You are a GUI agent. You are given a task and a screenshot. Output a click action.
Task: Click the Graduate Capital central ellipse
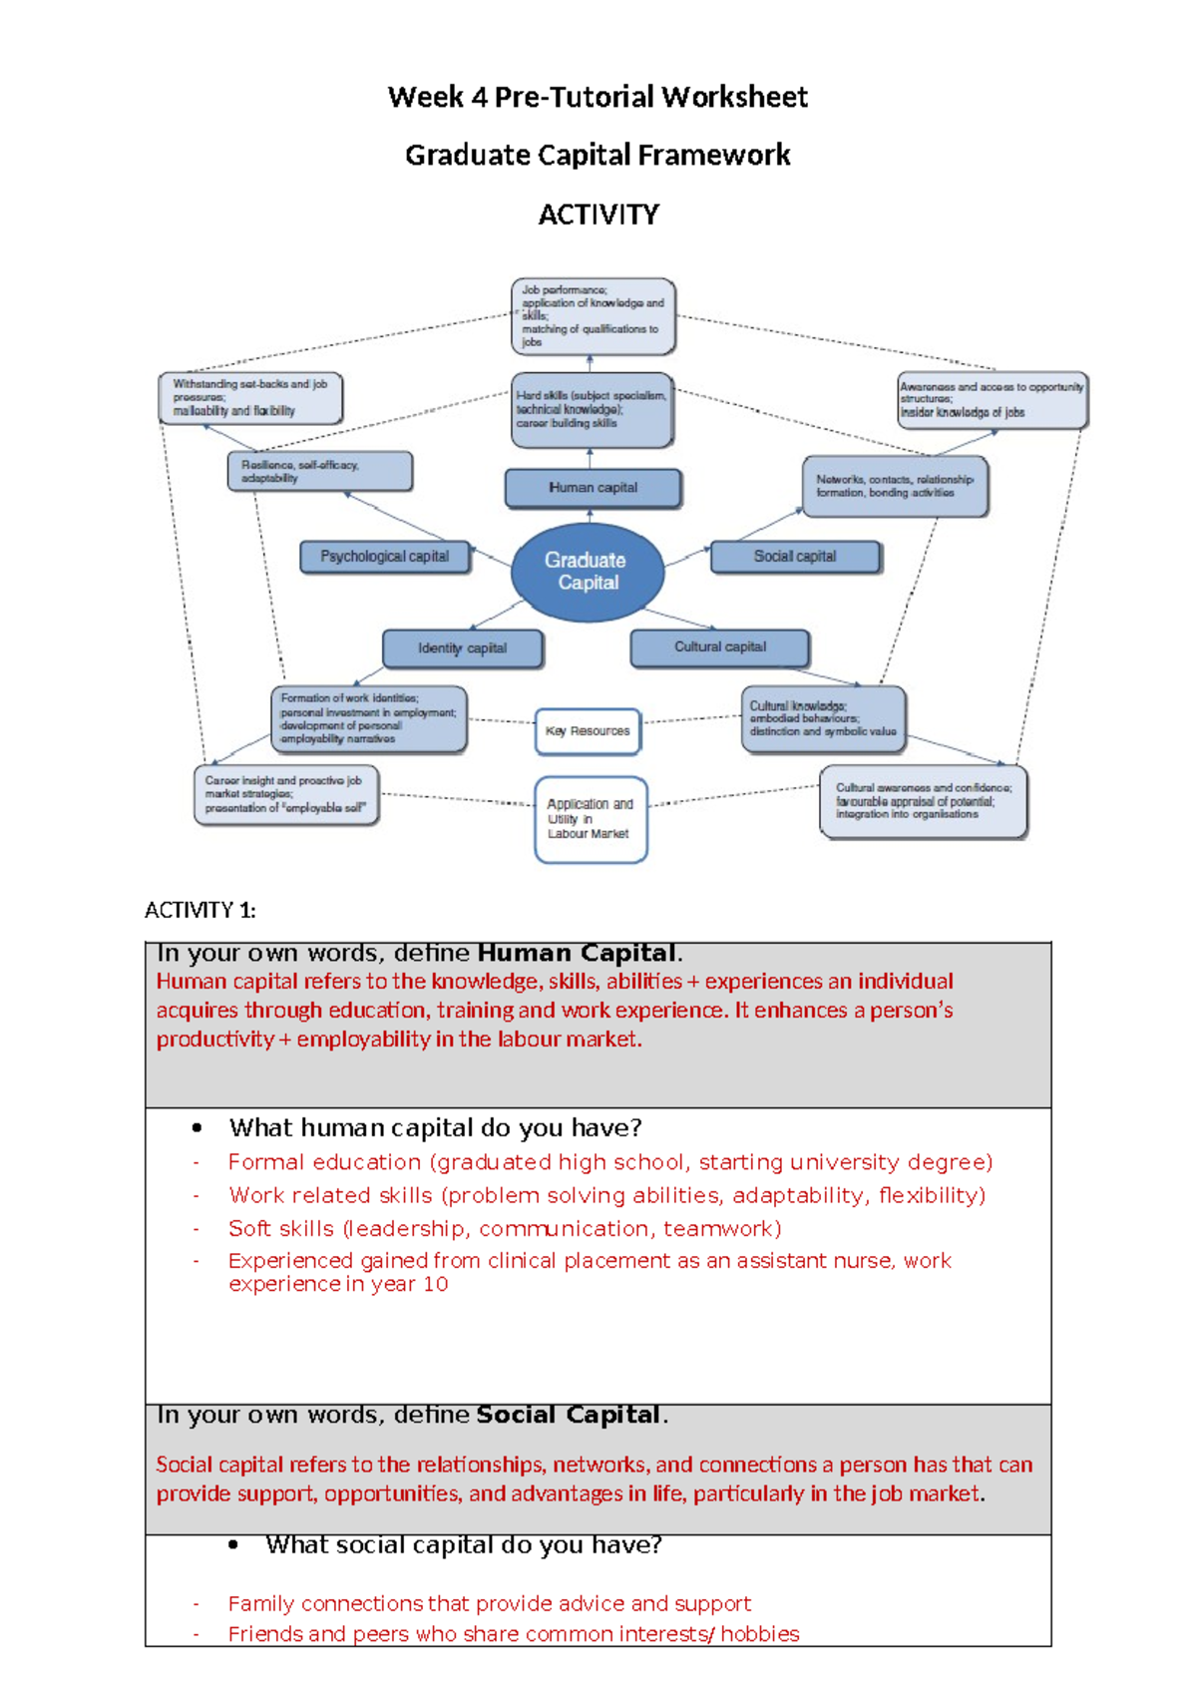(587, 572)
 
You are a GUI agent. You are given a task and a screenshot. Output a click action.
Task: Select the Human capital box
(593, 488)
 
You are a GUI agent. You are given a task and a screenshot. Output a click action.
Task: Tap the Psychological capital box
(385, 557)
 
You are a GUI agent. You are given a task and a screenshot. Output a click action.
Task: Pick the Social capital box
(795, 557)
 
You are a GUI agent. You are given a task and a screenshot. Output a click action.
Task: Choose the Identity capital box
(463, 648)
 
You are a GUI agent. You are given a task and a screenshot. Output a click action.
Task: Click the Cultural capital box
(719, 647)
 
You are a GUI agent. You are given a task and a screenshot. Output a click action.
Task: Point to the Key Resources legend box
(588, 731)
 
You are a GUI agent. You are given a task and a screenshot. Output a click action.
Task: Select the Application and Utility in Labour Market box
(591, 819)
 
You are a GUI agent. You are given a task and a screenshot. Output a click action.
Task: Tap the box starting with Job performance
(593, 316)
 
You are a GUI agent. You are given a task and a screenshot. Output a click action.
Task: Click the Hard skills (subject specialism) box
(592, 410)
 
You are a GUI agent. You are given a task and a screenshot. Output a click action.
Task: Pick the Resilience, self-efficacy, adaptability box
(319, 471)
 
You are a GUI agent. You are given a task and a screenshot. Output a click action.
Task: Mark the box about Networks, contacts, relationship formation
(895, 487)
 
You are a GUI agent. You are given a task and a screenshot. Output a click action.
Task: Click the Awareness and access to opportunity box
(992, 400)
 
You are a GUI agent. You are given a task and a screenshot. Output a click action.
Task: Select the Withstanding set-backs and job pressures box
(250, 398)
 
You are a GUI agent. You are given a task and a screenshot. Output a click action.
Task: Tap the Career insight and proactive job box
(286, 795)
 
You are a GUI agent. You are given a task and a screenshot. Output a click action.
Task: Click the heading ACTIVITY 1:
(199, 910)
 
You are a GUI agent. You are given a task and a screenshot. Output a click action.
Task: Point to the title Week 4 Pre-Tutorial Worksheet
(598, 97)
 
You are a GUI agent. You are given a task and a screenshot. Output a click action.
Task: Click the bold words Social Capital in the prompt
(568, 1415)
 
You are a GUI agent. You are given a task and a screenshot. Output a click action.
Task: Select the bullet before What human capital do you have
(198, 1128)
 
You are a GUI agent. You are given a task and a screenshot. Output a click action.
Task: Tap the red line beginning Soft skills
(504, 1228)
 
